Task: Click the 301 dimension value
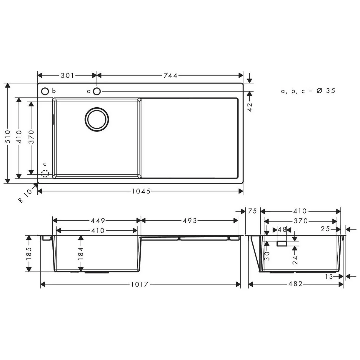point(67,76)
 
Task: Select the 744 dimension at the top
point(170,76)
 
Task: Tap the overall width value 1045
point(141,191)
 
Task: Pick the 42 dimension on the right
point(250,107)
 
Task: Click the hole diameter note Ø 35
point(326,91)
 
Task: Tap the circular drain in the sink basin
point(97,119)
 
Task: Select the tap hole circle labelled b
point(45,91)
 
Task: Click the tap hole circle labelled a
point(97,91)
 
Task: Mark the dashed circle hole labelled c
point(45,174)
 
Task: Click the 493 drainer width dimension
point(189,221)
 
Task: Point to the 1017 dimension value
point(140,284)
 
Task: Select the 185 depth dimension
point(29,254)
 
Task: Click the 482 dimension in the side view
point(295,284)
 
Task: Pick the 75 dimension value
point(252,211)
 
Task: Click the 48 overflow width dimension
point(282,229)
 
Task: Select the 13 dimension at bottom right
point(329,276)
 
